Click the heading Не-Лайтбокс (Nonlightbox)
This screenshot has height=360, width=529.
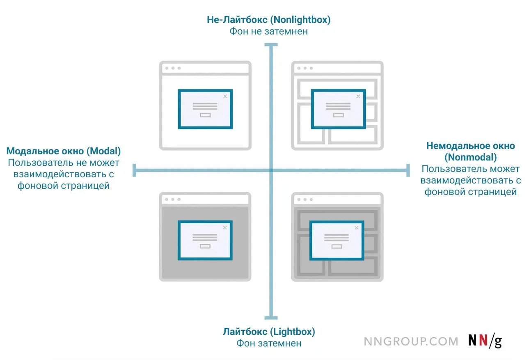[268, 20]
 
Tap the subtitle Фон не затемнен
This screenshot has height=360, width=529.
[268, 32]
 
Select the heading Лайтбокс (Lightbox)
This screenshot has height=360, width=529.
[269, 332]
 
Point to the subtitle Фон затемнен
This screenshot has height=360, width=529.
[269, 344]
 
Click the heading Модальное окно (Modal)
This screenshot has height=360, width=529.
[64, 151]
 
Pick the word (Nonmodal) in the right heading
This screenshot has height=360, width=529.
[470, 157]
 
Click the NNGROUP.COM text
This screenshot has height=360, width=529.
[411, 342]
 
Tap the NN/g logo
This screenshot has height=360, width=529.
[485, 341]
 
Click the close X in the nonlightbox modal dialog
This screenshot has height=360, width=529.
[225, 96]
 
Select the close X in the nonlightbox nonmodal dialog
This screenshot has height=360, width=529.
[358, 96]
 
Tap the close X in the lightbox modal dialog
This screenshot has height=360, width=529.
[225, 227]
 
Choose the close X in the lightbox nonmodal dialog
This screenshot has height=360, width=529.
[357, 228]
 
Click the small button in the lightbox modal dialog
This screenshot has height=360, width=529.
[205, 246]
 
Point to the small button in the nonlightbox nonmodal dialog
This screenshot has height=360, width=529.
[339, 115]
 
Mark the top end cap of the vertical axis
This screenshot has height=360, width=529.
[271, 45]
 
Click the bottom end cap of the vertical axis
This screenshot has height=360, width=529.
[271, 318]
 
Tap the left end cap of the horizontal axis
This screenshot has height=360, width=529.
[134, 170]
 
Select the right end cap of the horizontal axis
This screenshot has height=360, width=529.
[408, 170]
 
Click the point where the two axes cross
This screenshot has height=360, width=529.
[271, 170]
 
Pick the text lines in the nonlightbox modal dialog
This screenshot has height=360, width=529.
[205, 106]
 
